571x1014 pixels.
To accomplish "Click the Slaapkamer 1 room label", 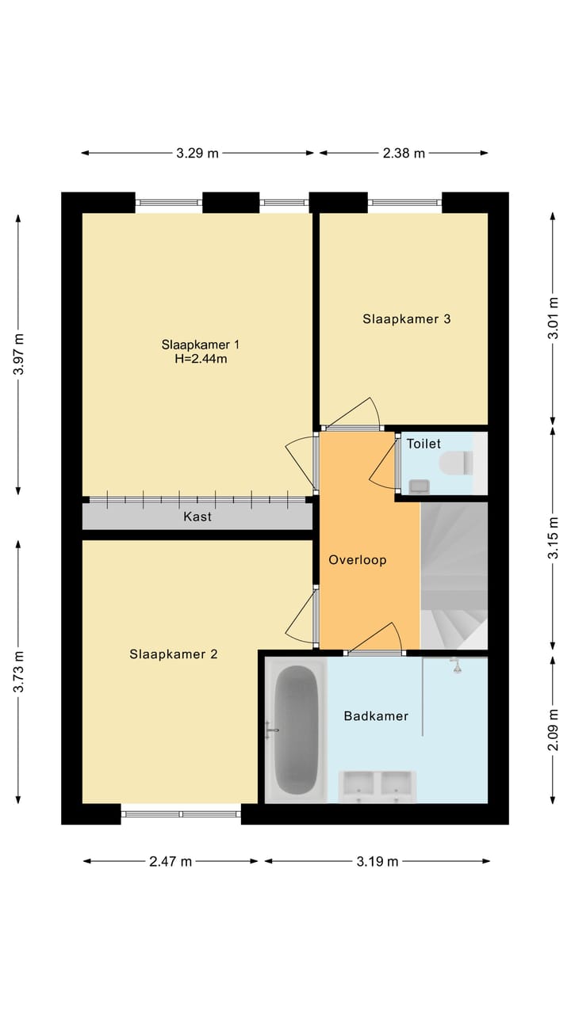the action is click(x=201, y=345).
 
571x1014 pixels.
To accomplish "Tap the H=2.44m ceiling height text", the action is click(x=201, y=360).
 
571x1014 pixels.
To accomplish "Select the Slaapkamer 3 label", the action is click(x=407, y=319).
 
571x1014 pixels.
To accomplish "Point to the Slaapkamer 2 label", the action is click(x=174, y=654).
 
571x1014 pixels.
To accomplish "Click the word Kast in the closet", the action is click(x=197, y=517).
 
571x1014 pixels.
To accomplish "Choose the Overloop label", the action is click(x=358, y=560).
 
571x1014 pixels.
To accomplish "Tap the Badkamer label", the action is click(x=376, y=715).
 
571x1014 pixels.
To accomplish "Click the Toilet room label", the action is click(x=423, y=444).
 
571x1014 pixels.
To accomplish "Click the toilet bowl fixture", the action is click(x=456, y=463).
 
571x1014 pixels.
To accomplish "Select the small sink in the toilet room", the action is click(x=420, y=486).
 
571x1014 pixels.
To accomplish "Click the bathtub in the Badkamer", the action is click(x=297, y=730).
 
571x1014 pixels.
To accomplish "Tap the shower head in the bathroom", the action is click(x=457, y=665).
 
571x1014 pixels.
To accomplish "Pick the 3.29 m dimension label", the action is click(x=197, y=154).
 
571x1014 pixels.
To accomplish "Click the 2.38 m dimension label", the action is click(x=404, y=154).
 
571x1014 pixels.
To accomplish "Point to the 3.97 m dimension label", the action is click(x=18, y=354).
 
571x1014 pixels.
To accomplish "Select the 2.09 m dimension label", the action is click(x=553, y=730).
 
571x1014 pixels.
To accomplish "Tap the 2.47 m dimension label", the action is click(x=171, y=861).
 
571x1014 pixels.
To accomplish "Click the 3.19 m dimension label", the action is click(x=377, y=861).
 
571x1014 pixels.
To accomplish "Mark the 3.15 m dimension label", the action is click(x=553, y=538).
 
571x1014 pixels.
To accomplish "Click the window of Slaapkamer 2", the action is click(x=181, y=814).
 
